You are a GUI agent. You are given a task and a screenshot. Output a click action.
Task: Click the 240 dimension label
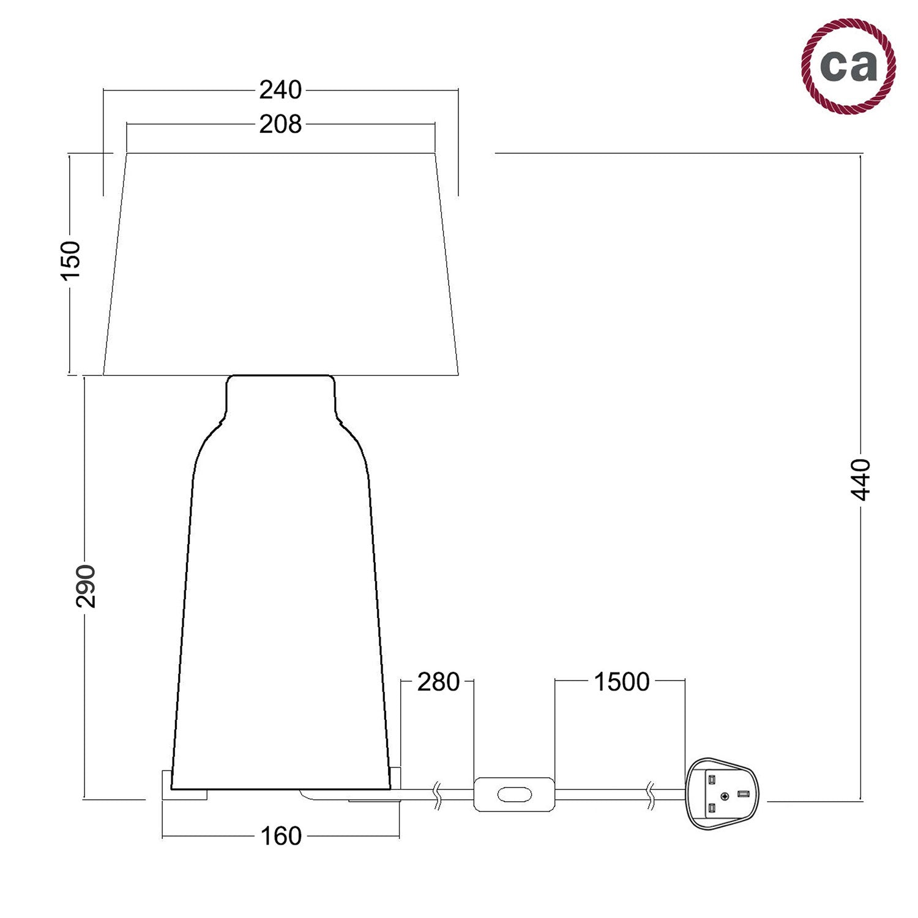tap(280, 91)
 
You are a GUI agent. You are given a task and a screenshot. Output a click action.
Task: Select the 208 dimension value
tap(280, 125)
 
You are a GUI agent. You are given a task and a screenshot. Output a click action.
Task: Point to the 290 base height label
tap(86, 586)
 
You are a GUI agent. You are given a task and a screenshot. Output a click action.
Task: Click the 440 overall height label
tap(862, 479)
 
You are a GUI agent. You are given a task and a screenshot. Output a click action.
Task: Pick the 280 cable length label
tap(438, 682)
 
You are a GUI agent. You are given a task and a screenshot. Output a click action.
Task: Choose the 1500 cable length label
tap(622, 682)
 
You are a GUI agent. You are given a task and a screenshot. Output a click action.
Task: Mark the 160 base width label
tap(281, 836)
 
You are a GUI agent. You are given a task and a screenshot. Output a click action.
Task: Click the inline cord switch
tap(514, 794)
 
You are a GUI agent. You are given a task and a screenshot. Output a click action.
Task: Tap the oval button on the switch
tap(514, 794)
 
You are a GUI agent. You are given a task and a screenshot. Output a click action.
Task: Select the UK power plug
tap(725, 794)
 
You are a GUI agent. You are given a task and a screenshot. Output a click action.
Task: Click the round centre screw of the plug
tap(725, 796)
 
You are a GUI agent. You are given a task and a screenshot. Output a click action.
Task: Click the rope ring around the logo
tap(809, 86)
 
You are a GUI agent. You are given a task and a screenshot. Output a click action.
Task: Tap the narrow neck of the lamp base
tap(281, 395)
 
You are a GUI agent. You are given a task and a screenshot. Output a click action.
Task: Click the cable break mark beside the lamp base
tap(438, 796)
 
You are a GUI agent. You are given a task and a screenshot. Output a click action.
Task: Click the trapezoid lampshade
tap(281, 263)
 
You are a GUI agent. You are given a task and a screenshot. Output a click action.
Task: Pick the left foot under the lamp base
tap(184, 794)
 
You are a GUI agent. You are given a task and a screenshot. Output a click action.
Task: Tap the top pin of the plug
tap(712, 780)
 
